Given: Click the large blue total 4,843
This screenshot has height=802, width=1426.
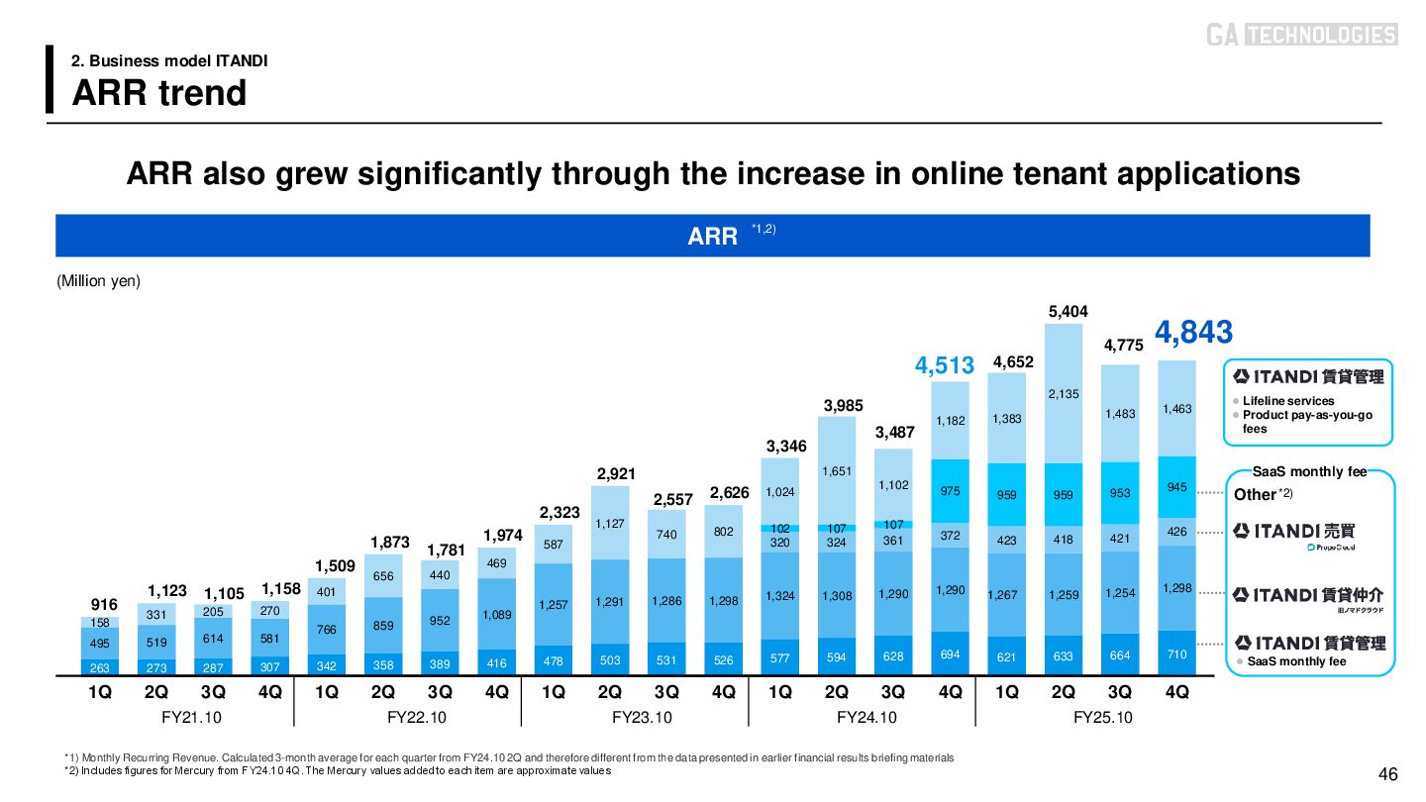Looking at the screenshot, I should [1193, 333].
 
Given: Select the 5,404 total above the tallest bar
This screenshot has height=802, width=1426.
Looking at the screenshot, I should [1069, 311].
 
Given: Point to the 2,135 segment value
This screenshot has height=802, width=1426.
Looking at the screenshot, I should [1064, 394].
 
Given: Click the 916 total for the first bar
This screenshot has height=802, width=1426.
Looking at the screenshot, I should [104, 604].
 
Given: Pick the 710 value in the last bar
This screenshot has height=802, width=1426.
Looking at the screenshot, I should [1176, 654].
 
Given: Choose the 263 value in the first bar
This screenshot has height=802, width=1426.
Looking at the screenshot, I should [99, 667].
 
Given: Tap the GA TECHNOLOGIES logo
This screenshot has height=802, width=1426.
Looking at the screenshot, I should [1301, 35].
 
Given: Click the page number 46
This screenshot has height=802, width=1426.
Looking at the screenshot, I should [1387, 774].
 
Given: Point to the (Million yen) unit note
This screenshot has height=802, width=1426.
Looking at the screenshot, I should [99, 281].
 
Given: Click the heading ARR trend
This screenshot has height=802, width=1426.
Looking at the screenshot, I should [159, 93].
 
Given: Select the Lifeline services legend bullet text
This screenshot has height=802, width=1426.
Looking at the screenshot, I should [1288, 401].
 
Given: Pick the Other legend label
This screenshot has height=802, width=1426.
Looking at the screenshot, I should [1255, 494].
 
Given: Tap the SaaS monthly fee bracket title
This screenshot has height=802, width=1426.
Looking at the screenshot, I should [1309, 471].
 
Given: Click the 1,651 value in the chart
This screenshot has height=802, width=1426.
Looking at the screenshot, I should [837, 470].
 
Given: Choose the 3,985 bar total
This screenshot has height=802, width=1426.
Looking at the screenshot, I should [844, 405].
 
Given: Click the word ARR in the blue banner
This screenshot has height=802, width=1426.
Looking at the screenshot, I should [713, 237].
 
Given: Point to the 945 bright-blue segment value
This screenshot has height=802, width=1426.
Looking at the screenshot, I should [1176, 486].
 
